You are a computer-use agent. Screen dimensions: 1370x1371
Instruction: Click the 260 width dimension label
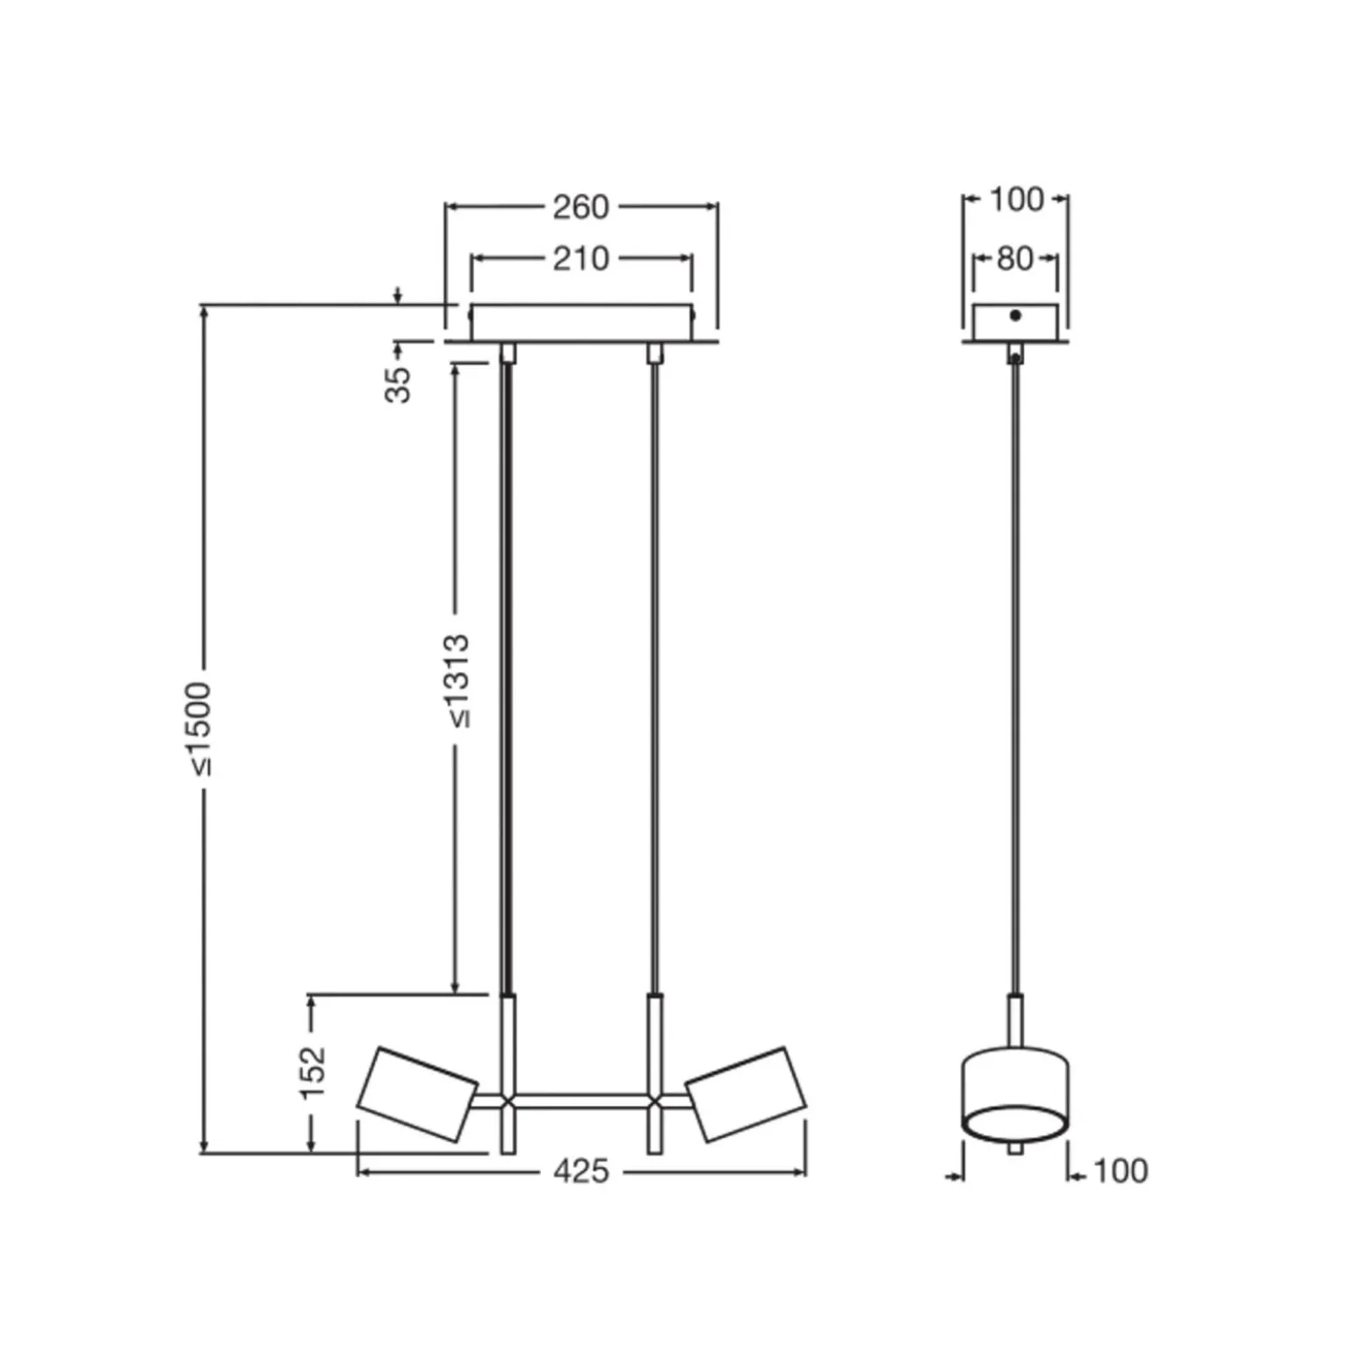point(580,207)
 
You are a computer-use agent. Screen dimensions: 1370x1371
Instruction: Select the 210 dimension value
point(580,259)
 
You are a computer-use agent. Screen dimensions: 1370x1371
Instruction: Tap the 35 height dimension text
point(399,385)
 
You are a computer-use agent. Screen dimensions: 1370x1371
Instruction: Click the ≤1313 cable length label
point(458,682)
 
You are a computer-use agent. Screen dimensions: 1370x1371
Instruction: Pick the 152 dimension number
point(313,1072)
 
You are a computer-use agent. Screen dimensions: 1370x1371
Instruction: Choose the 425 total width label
point(581,1171)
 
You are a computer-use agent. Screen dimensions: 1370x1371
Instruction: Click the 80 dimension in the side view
point(1015,259)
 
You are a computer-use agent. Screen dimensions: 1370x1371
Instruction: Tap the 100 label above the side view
point(1017,199)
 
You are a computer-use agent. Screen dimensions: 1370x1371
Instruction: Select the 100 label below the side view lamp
point(1121,1171)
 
